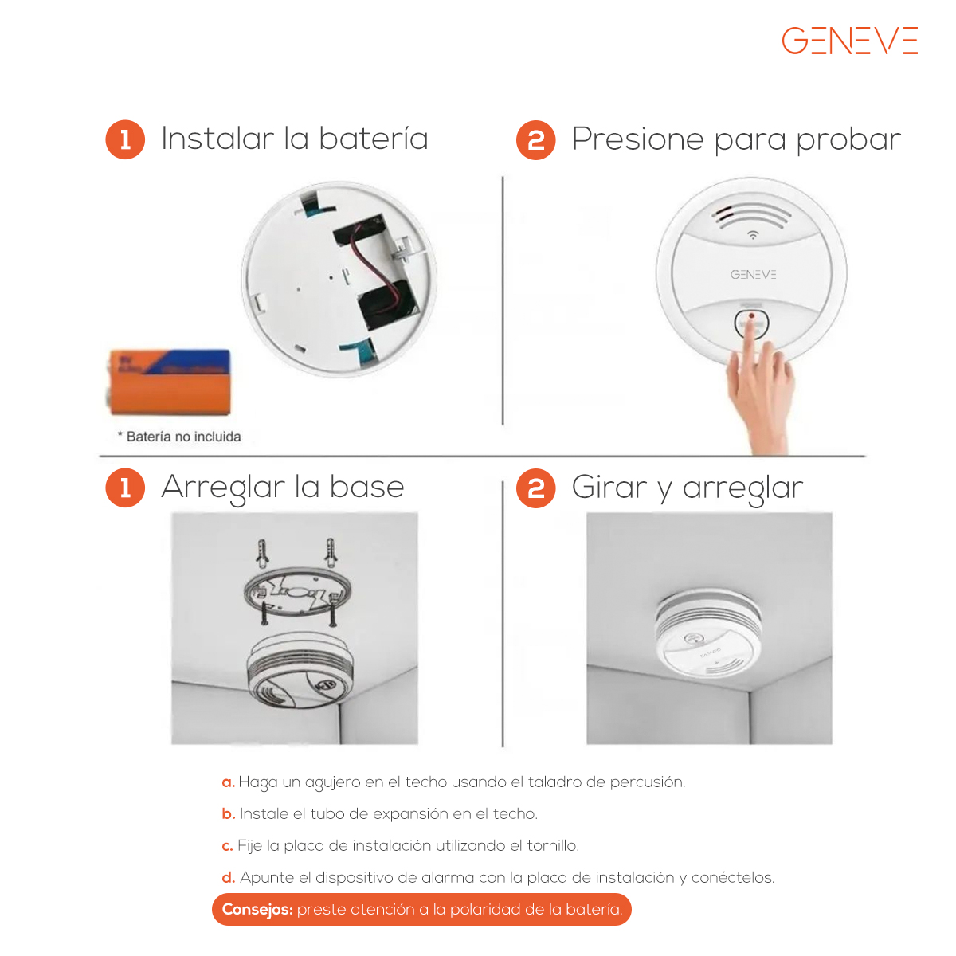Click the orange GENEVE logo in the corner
coord(849,40)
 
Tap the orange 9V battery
coord(170,382)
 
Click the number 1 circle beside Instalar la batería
coord(125,139)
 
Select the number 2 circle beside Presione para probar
coord(536,140)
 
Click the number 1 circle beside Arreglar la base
coord(125,488)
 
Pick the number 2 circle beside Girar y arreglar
coord(536,488)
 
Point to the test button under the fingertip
coord(751,323)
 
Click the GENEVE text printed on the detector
coord(753,274)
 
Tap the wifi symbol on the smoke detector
coord(753,235)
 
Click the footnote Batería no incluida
coord(179,437)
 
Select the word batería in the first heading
coord(373,139)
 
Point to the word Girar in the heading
coord(609,488)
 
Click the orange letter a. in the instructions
coord(228,782)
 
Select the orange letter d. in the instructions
coord(228,878)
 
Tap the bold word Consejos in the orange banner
coord(257,910)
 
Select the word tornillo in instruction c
coord(553,845)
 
